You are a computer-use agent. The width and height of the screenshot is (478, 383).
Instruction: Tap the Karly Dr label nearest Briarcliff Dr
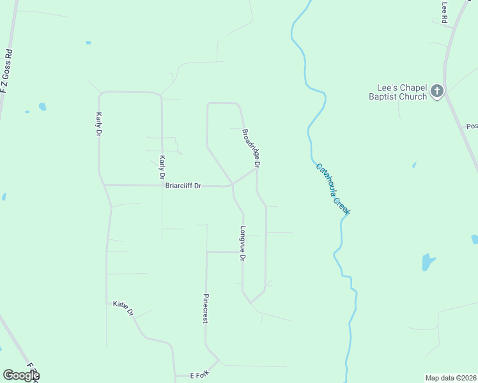point(162,167)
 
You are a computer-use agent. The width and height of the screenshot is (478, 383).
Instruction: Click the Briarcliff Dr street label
point(183,186)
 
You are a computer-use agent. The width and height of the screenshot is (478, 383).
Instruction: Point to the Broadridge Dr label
point(251,149)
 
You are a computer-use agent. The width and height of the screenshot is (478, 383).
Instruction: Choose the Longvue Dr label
point(243,243)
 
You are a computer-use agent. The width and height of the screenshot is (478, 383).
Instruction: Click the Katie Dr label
point(123,308)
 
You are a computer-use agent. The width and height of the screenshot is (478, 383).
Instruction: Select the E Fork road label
point(199,373)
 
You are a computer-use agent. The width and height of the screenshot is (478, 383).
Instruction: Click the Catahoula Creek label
point(333,189)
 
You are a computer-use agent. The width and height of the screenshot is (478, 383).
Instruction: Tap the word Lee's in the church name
point(385,88)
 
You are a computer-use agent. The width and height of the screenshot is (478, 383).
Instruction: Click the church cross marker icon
point(437,91)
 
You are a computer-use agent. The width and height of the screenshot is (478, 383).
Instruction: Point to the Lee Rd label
point(445,12)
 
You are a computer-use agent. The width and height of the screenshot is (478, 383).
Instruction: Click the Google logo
point(20,375)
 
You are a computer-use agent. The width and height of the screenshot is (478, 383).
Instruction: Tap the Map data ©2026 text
point(451,378)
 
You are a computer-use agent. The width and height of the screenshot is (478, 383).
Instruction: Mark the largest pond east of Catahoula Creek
point(428,262)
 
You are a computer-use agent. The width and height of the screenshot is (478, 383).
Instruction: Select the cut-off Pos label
point(472,126)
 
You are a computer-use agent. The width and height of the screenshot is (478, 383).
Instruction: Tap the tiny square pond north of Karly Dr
point(88,43)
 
